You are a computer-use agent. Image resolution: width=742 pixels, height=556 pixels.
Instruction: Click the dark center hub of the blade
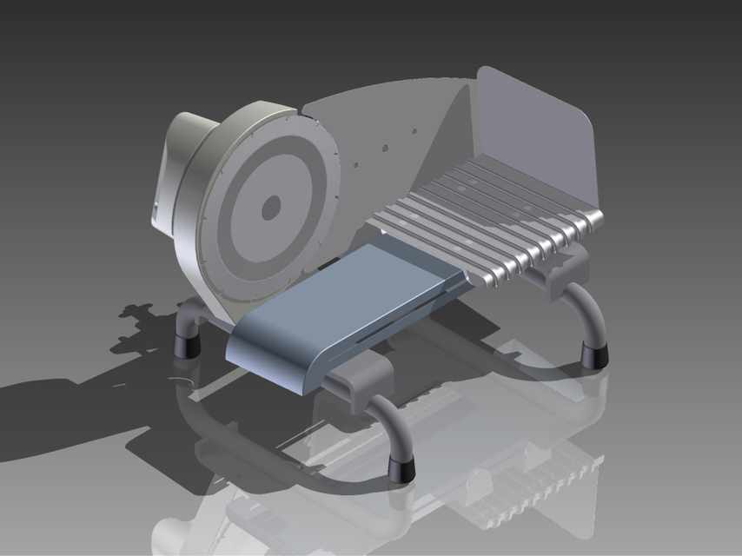[x=271, y=207]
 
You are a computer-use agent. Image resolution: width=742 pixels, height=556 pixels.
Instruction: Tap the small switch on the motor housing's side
[x=156, y=209]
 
